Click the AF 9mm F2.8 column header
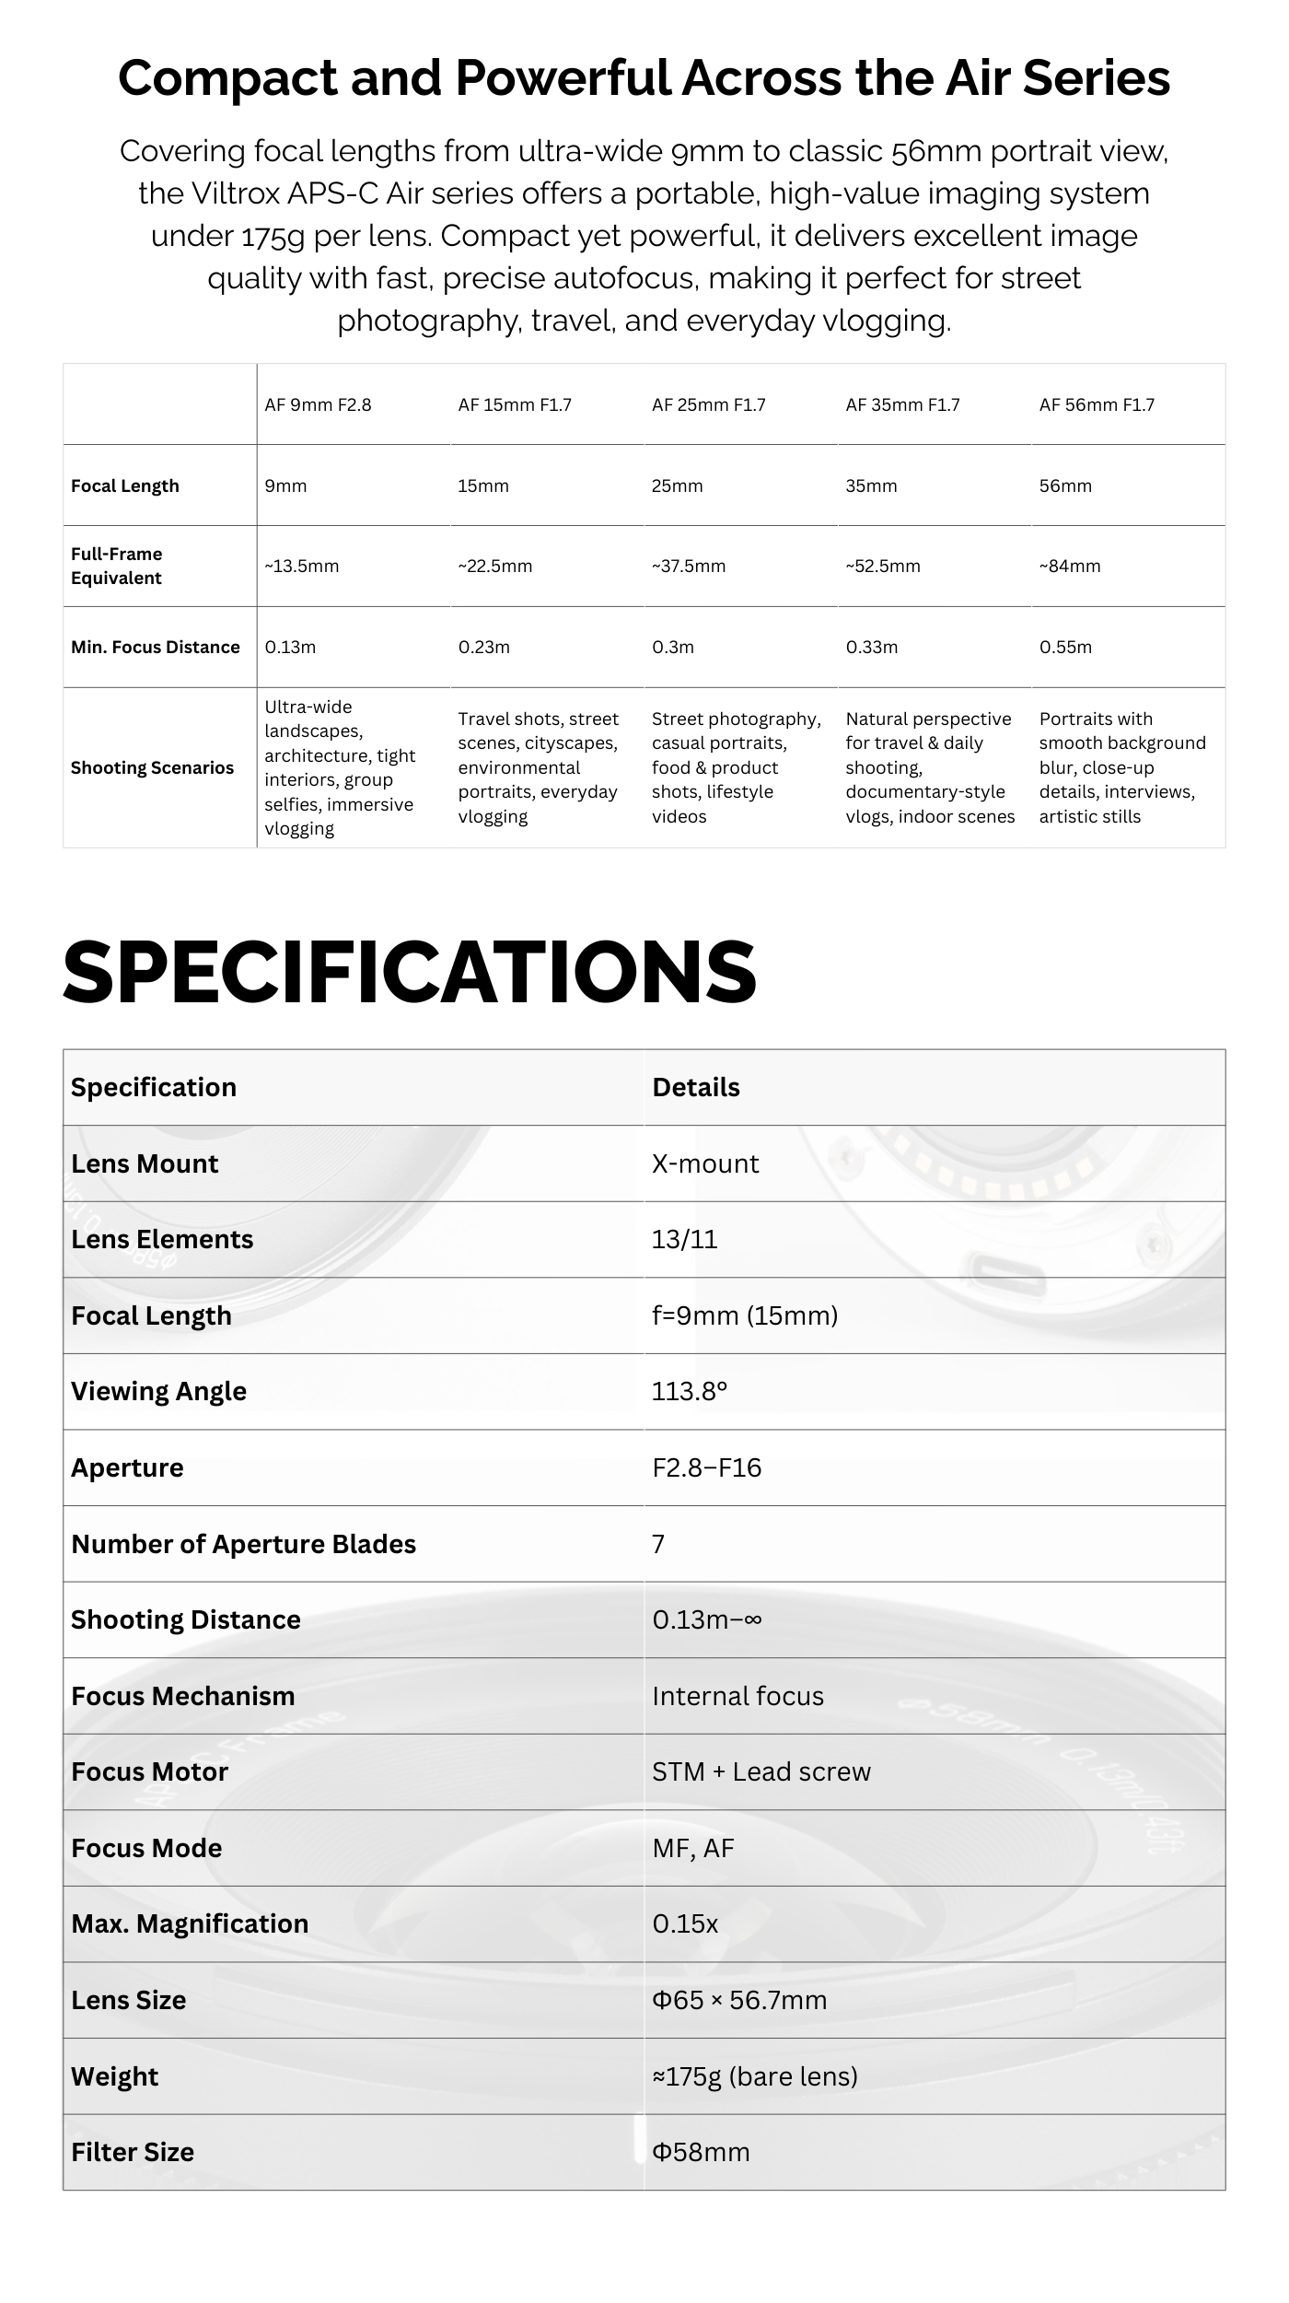coord(318,405)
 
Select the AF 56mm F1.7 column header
coord(1097,405)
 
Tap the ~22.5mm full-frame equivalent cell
coord(495,567)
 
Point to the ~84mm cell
coord(1070,567)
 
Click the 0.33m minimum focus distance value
coord(872,648)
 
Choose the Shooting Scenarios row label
coord(152,768)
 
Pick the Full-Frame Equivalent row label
coord(117,566)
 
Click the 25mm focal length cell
coord(677,486)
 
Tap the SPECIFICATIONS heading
coord(410,972)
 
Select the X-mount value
coord(705,1164)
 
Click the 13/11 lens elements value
coord(684,1240)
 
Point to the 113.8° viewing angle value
coord(690,1392)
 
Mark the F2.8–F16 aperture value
coord(706,1468)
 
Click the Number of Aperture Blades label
coord(243,1545)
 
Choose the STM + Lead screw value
coord(761,1772)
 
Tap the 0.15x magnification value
coord(685,1924)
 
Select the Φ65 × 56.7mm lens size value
coord(739,2001)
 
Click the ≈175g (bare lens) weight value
coord(754,2077)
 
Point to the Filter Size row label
coord(133,2153)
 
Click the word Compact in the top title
coord(227,77)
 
